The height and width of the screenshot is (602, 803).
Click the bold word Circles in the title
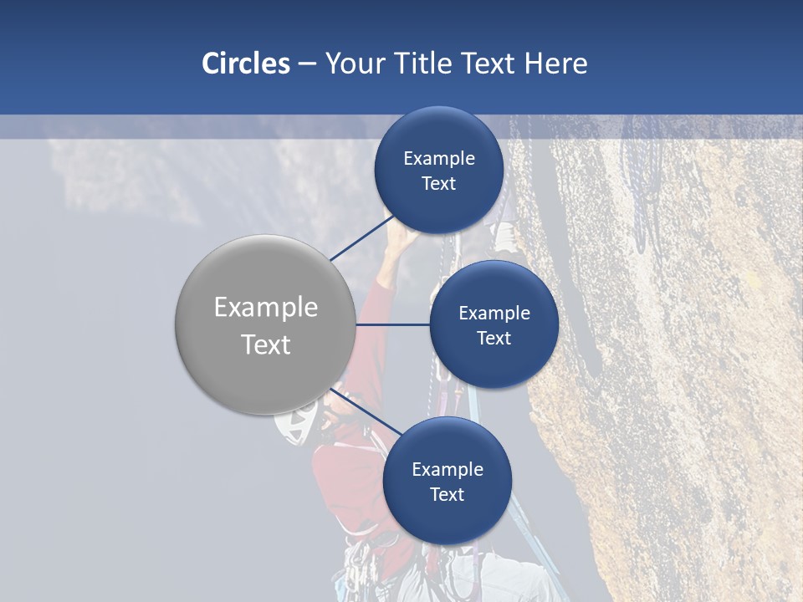pyautogui.click(x=245, y=64)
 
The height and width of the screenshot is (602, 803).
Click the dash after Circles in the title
pyautogui.click(x=307, y=64)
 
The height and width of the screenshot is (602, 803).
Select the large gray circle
pyautogui.click(x=265, y=324)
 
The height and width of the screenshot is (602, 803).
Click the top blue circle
pyautogui.click(x=439, y=170)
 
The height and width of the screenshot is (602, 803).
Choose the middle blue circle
pyautogui.click(x=494, y=324)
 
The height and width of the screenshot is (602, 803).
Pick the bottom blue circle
pyautogui.click(x=447, y=481)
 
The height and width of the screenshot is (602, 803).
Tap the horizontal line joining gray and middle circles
pyautogui.click(x=393, y=324)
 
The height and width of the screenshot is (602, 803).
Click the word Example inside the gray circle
pyautogui.click(x=266, y=307)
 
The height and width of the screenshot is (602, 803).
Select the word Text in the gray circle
pyautogui.click(x=266, y=344)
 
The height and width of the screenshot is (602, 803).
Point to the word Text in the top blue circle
pyautogui.click(x=439, y=183)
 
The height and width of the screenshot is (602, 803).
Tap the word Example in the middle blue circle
pyautogui.click(x=494, y=313)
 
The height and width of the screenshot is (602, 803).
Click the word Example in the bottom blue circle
pyautogui.click(x=448, y=469)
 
